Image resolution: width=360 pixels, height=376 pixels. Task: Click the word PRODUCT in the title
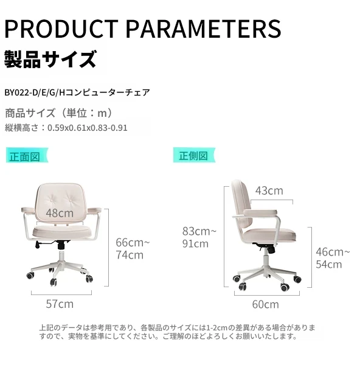[x=61, y=29]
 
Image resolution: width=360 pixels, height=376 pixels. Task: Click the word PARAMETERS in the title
[x=204, y=29]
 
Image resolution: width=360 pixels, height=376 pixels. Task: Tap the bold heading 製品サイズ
[x=50, y=59]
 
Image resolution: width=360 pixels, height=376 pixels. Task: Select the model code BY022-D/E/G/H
[x=35, y=92]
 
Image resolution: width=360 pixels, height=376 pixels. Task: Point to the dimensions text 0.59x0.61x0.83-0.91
[x=88, y=128]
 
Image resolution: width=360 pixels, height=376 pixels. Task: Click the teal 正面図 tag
[x=27, y=155]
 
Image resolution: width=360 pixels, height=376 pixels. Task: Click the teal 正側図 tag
[x=194, y=155]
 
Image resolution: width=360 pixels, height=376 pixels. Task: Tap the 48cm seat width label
[x=60, y=213]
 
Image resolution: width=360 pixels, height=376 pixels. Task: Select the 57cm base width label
[x=60, y=304]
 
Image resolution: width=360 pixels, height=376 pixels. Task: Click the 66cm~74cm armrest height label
[x=133, y=249]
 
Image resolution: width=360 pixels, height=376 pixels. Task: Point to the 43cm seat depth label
[x=269, y=191]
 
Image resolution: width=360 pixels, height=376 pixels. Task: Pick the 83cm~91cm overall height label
[x=199, y=237]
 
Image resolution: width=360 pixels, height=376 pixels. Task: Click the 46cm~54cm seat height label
[x=333, y=258]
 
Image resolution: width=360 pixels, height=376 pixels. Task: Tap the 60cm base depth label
[x=266, y=305]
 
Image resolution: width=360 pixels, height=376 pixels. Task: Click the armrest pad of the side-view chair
[x=260, y=212]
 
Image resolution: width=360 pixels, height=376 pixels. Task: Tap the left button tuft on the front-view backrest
[x=52, y=200]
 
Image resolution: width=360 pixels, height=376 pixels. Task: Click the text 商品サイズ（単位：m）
[x=59, y=113]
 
